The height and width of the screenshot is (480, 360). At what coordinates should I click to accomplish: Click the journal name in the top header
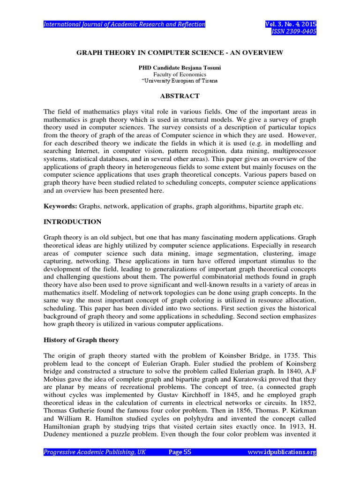tap(124, 24)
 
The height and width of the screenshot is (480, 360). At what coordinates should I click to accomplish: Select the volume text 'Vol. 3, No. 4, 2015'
tap(291, 24)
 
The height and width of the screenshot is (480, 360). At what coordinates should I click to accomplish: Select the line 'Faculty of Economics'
tap(180, 74)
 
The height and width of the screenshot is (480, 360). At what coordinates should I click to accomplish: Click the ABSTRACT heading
tap(180, 96)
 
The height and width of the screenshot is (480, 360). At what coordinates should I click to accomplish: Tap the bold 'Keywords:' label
tap(60, 206)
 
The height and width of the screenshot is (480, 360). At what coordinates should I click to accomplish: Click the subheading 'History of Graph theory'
tap(81, 340)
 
